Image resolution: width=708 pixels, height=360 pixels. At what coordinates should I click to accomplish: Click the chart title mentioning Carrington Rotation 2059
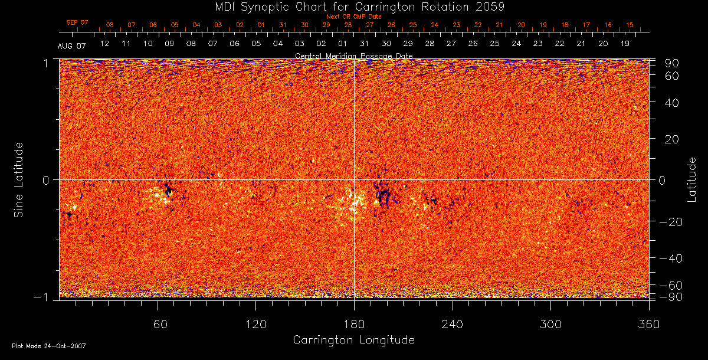[x=353, y=6]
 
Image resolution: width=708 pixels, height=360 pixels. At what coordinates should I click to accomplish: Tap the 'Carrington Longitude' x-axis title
[x=353, y=340]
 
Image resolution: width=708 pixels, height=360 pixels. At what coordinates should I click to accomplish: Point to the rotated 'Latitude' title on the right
[x=691, y=179]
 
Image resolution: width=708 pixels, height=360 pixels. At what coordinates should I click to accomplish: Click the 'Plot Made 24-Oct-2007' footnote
[x=49, y=346]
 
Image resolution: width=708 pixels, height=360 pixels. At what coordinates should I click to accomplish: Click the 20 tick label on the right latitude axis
[x=672, y=139]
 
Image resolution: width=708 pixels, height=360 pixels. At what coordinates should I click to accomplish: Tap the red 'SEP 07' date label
[x=77, y=22]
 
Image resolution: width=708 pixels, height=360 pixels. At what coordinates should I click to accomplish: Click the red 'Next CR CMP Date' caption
[x=353, y=17]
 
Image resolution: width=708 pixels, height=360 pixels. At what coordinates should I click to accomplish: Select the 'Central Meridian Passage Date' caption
[x=353, y=55]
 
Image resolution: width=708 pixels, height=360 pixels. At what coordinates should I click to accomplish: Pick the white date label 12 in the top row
[x=104, y=44]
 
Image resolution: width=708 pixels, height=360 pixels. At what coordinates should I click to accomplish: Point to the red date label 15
[x=630, y=25]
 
